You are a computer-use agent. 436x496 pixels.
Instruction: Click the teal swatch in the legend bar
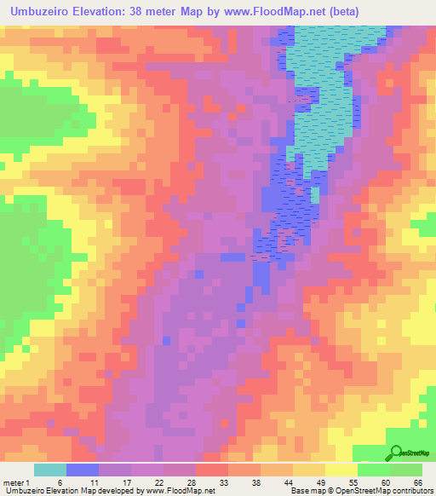50,470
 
